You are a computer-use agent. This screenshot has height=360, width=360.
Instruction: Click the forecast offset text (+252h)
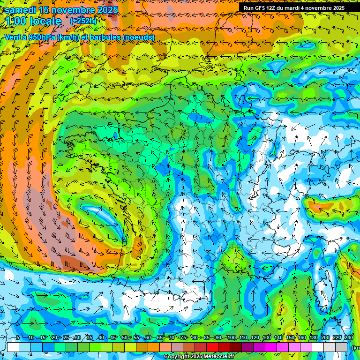pyautogui.click(x=83, y=21)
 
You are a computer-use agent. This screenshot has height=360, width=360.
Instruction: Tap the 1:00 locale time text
pyautogui.click(x=33, y=21)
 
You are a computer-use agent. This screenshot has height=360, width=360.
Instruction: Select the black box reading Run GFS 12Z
pyautogui.click(x=294, y=8)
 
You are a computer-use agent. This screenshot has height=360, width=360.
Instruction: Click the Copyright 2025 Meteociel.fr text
pyautogui.click(x=199, y=357)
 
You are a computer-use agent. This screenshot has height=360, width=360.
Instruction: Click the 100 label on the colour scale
pyautogui.click(x=232, y=338)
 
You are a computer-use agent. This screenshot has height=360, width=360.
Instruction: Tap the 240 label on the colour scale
pyautogui.click(x=348, y=338)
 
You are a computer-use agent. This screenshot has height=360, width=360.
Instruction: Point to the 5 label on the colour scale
pyautogui.click(x=18, y=338)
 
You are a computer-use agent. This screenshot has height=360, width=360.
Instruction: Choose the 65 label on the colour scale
pyautogui.click(x=160, y=338)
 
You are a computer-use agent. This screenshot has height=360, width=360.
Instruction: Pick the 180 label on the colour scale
pyautogui.click(x=313, y=338)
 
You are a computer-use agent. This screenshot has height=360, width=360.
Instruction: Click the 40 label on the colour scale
pyautogui.click(x=101, y=338)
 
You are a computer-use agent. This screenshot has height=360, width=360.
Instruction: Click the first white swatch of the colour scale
pyautogui.click(x=13, y=347)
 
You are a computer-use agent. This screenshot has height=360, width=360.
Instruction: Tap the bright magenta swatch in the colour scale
pyautogui.click(x=271, y=347)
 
